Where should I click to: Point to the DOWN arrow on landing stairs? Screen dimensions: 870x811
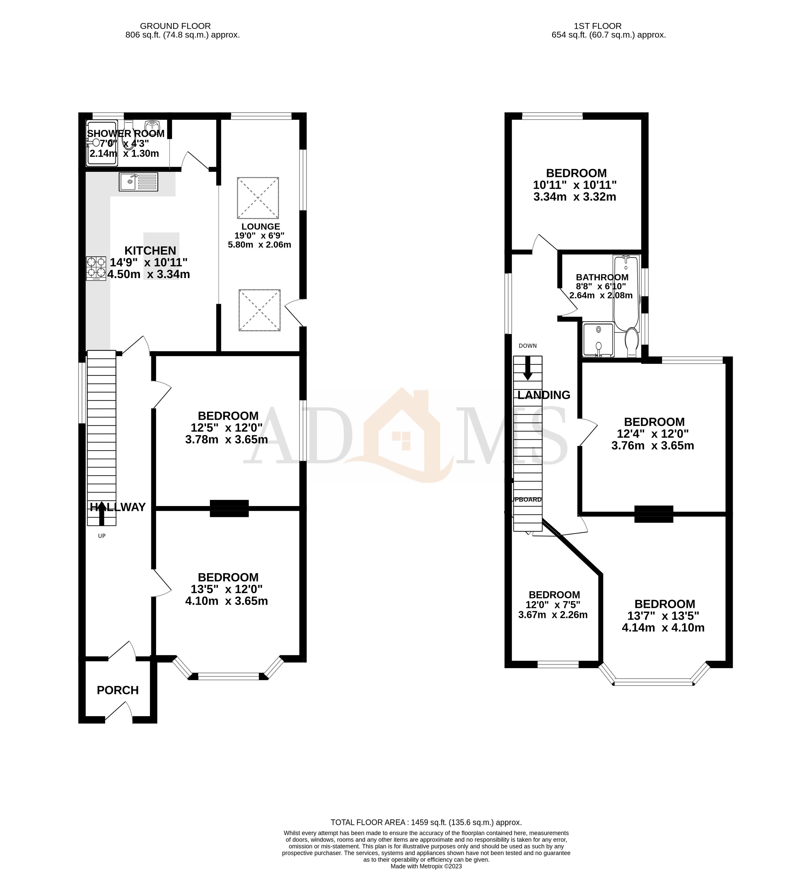click(x=528, y=368)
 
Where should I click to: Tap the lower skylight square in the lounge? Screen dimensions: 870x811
click(x=259, y=310)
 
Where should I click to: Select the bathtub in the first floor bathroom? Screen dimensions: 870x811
click(x=627, y=293)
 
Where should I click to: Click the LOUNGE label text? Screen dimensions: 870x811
click(x=261, y=226)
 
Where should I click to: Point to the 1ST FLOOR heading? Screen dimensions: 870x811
click(x=598, y=26)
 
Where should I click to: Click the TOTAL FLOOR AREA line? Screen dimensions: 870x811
click(x=426, y=822)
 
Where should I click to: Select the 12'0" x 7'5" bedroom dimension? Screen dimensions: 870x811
click(x=553, y=604)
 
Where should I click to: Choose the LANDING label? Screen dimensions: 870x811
click(x=544, y=395)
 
